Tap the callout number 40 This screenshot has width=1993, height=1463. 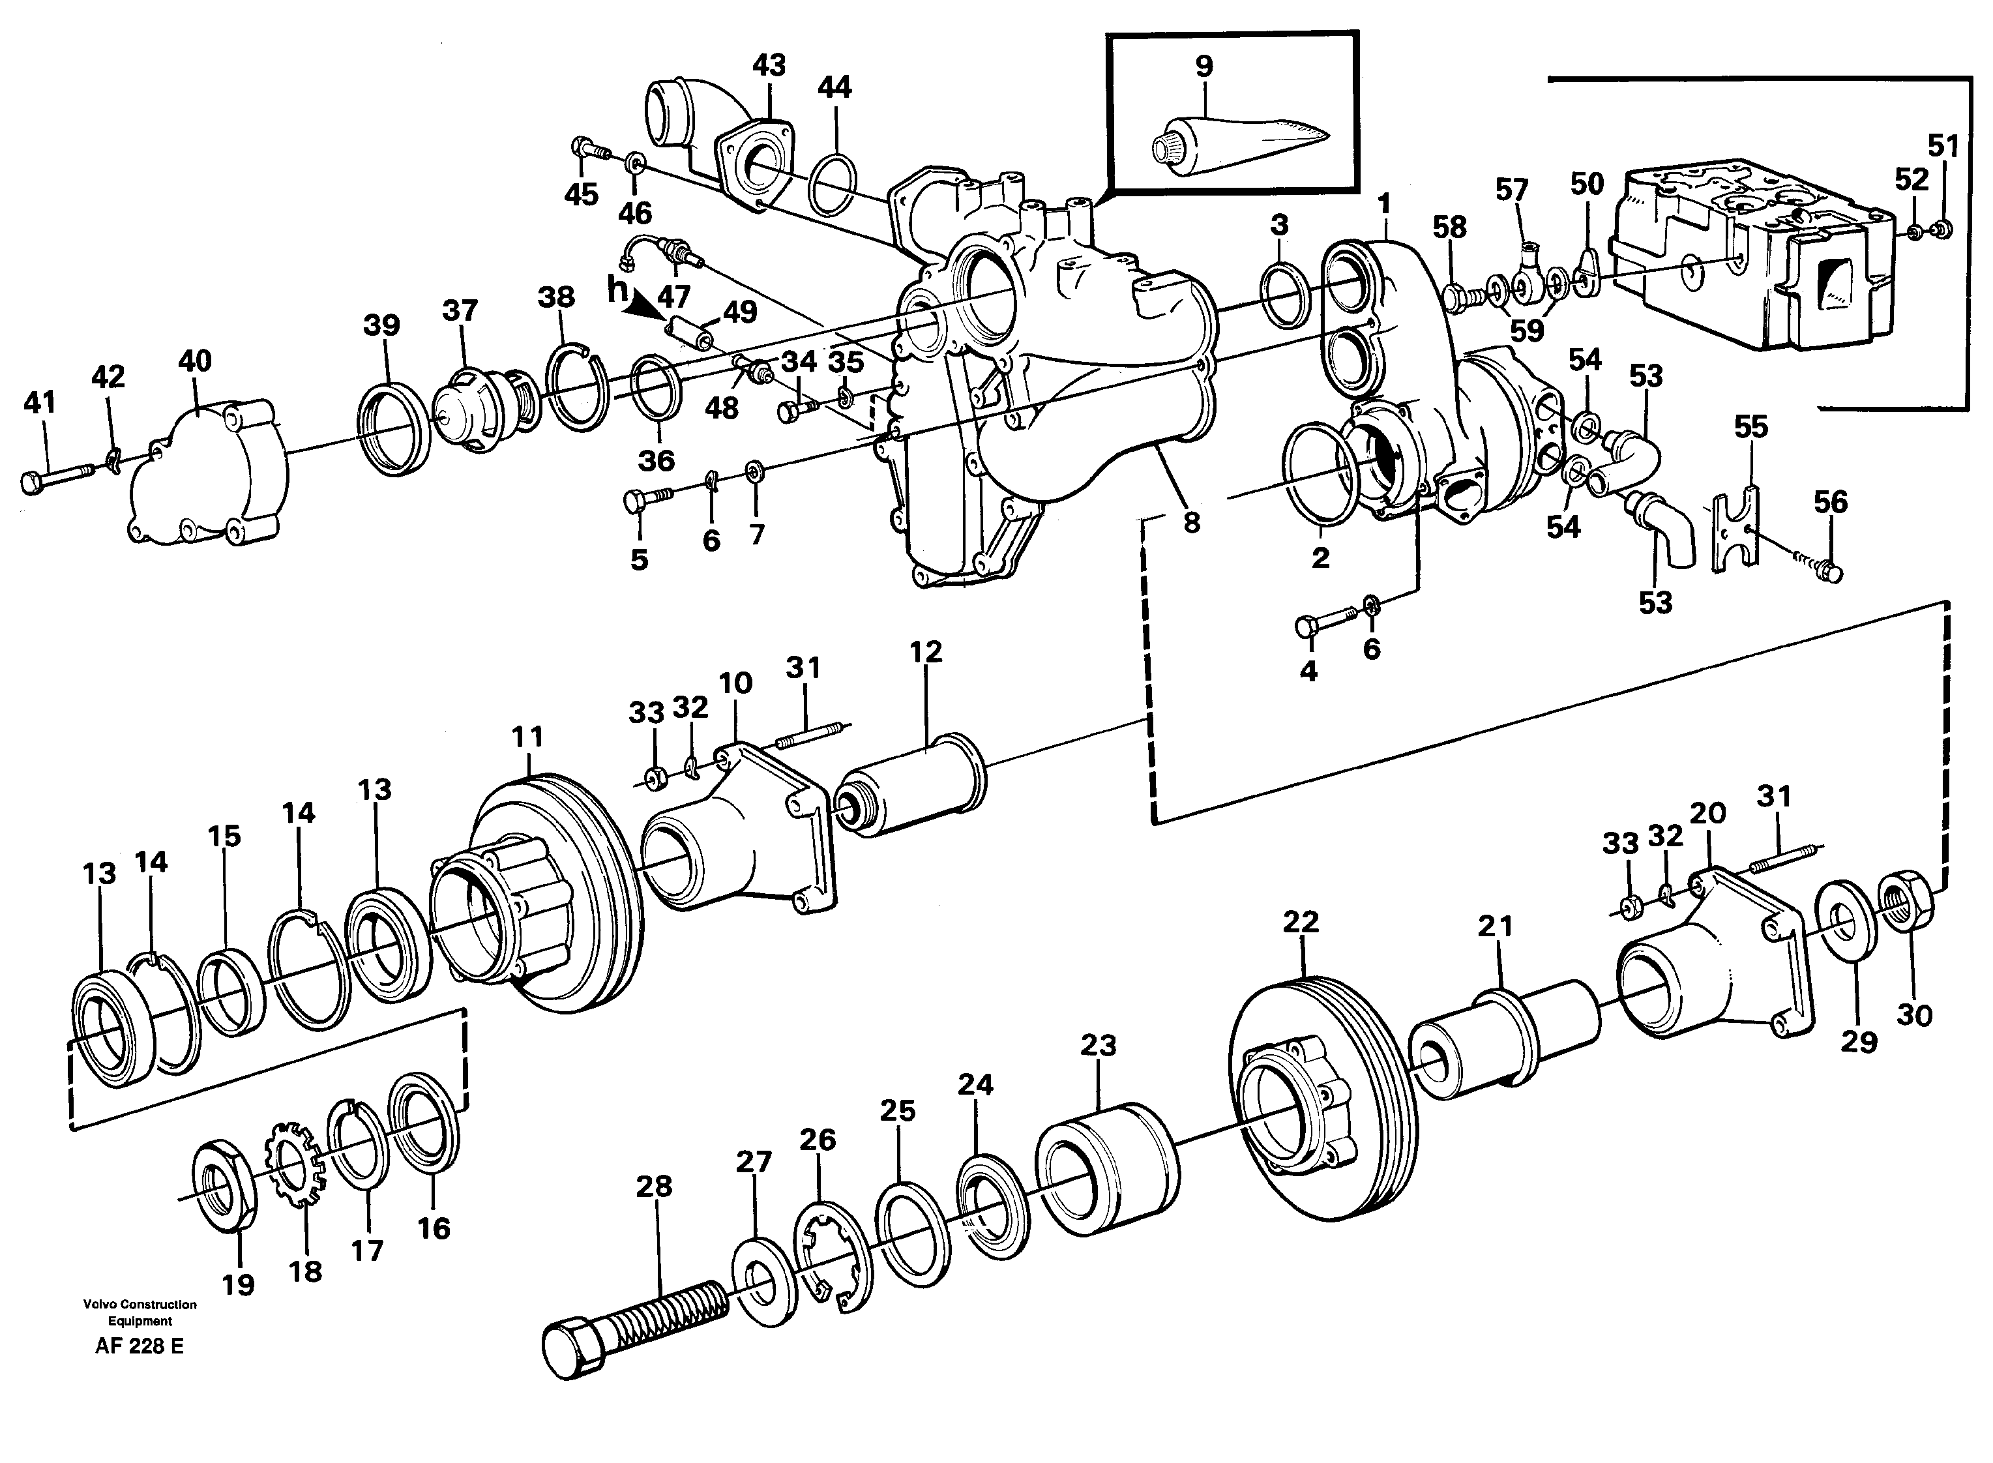coord(195,361)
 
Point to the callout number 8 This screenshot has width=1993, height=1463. coord(1192,522)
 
